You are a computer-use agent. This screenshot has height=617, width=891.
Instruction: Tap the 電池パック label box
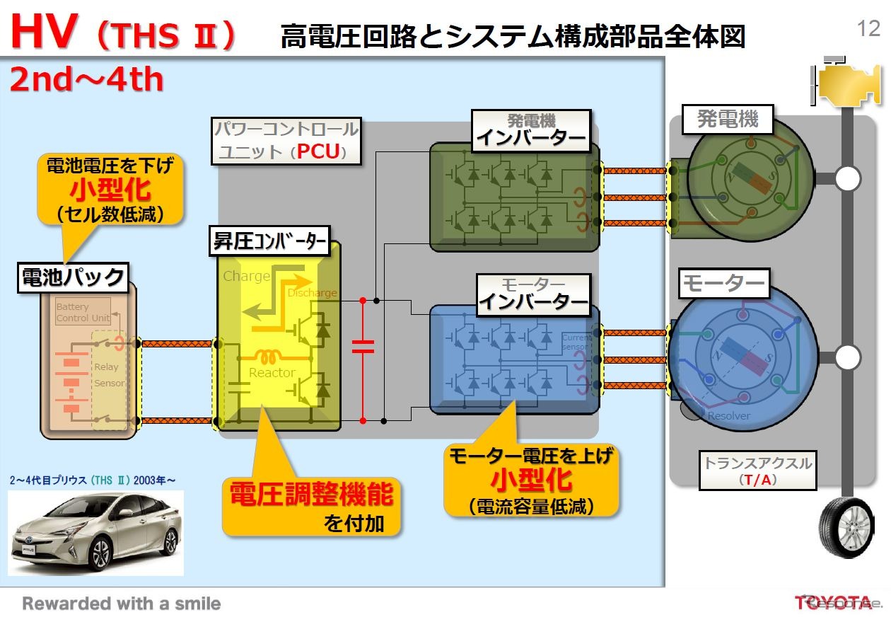pos(74,277)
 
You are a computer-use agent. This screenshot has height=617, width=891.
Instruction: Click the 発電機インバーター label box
pos(532,130)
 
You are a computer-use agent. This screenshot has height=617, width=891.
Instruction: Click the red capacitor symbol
pos(363,346)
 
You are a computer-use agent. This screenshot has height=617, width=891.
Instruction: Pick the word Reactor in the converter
pos(272,373)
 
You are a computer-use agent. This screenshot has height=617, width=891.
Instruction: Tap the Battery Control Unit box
pos(83,312)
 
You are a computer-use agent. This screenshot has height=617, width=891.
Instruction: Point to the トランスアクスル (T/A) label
pos(757,471)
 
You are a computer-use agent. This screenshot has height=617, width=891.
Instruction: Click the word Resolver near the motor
pos(728,416)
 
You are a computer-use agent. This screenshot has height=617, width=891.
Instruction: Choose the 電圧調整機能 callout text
pos(311,495)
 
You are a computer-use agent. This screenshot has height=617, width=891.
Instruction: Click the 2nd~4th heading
pos(86,80)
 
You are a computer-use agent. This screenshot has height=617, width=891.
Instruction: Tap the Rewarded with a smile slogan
pos(122,604)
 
